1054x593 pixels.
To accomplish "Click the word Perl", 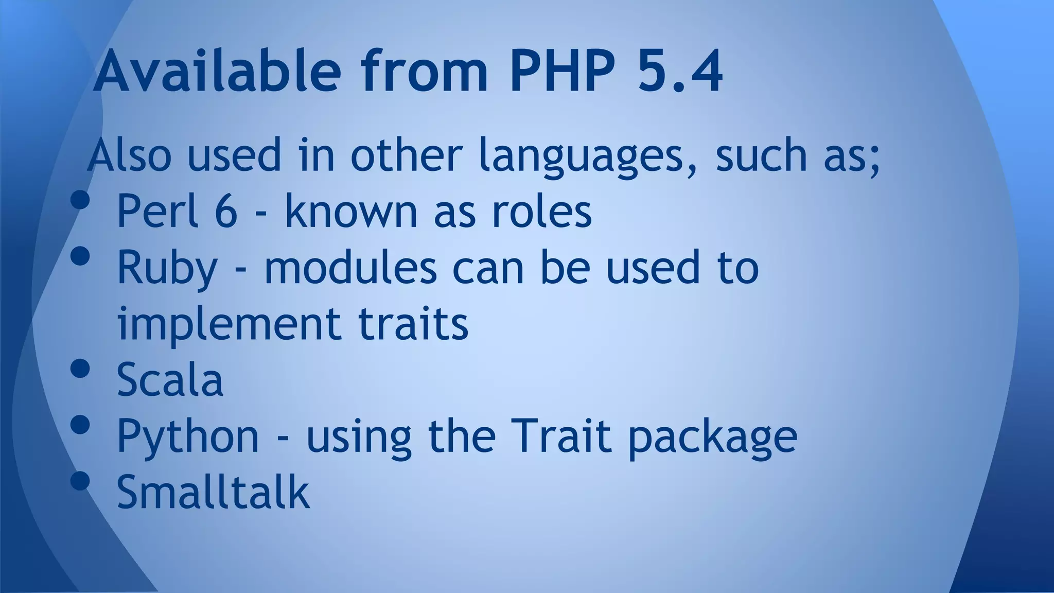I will click(157, 211).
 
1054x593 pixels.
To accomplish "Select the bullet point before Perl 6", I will click(80, 200).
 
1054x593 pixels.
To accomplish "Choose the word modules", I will click(350, 268).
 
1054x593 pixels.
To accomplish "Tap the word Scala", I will click(170, 380).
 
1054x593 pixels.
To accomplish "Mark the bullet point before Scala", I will click(80, 369).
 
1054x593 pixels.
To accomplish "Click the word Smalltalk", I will click(213, 493).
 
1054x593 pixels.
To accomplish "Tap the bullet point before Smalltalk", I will click(80, 481).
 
